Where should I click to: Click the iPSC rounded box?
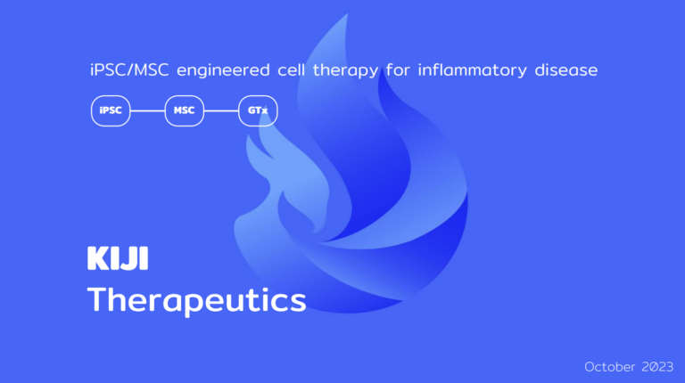tap(111, 110)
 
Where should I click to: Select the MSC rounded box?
tap(185, 110)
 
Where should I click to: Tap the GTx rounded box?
tap(258, 110)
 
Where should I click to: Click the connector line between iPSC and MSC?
tap(148, 110)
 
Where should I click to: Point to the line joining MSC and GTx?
tap(221, 110)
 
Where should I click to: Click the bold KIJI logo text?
tap(118, 258)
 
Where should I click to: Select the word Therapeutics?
tap(196, 300)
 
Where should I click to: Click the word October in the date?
tap(610, 367)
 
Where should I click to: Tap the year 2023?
tap(657, 367)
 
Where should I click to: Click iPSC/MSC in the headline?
tap(129, 69)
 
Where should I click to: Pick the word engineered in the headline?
tap(223, 70)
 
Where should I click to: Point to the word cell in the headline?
tap(292, 69)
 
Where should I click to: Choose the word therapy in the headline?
tap(345, 70)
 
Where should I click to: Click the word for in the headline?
tap(398, 69)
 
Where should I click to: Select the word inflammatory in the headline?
tap(472, 70)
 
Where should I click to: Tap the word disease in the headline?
tap(566, 69)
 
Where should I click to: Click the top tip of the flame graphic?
tap(347, 14)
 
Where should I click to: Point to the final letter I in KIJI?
tap(144, 258)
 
